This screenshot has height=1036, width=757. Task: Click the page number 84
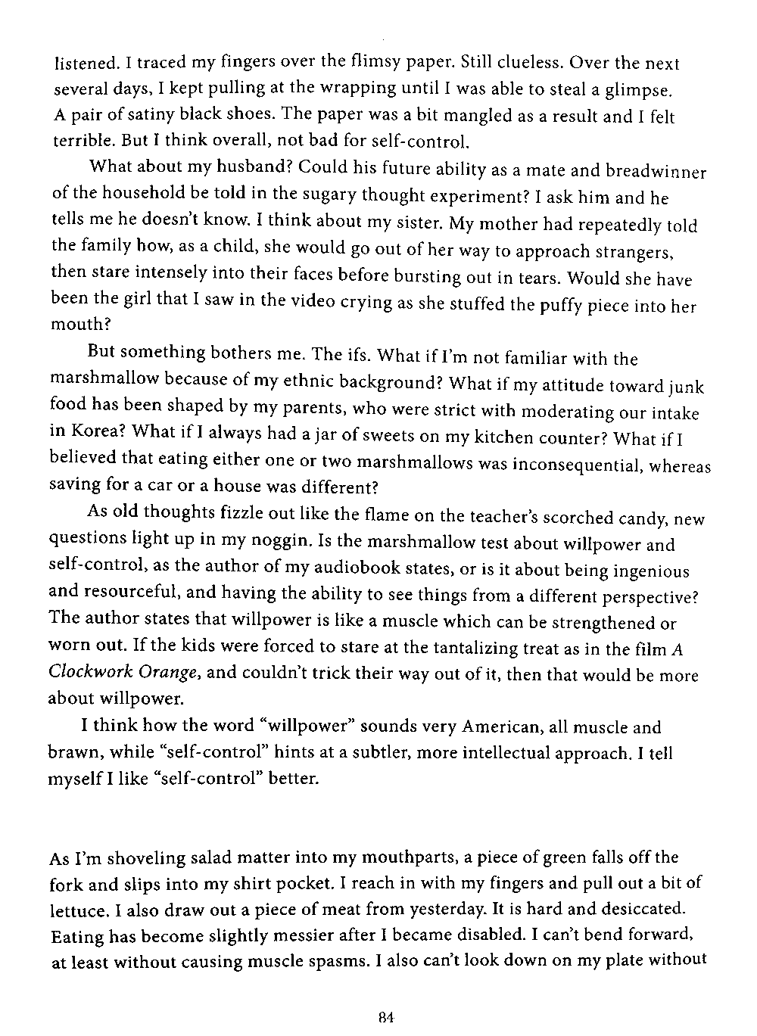point(388,1018)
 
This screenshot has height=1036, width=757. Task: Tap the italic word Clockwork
point(83,671)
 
